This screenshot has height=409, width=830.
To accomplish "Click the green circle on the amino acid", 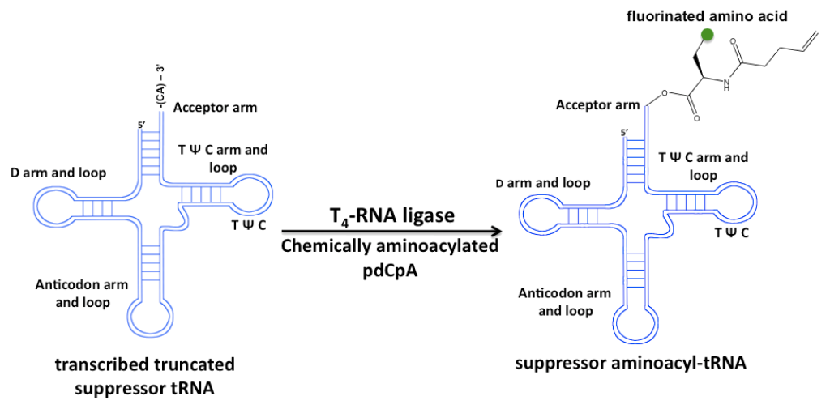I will (x=707, y=34).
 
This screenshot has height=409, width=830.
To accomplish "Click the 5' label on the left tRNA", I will (x=143, y=125).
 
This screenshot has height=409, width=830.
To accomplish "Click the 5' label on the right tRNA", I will (x=624, y=132).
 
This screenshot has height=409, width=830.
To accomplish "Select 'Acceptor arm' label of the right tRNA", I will (x=597, y=105).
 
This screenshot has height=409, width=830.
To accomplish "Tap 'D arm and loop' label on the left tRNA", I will (x=58, y=172).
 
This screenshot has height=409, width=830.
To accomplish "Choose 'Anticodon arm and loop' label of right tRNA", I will (x=564, y=301).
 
